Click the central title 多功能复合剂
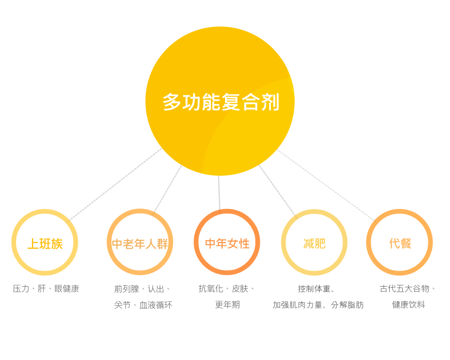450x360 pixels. coord(221,102)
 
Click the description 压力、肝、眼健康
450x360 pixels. coord(46,288)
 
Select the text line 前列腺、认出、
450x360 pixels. coord(143,288)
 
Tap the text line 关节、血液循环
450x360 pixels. coord(143,305)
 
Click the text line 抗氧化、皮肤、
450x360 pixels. coord(227,288)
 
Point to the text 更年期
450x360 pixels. coord(227,305)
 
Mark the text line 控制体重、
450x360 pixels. coord(316,288)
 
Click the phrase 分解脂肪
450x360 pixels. coord(347,305)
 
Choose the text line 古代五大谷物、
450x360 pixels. coord(408,288)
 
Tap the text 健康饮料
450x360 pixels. coord(408,305)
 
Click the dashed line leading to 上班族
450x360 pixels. coord(114,185)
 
